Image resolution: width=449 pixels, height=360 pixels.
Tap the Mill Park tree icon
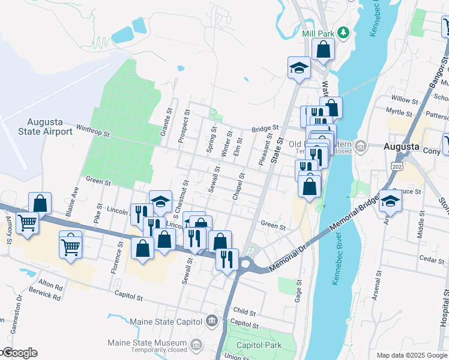pos(343,32)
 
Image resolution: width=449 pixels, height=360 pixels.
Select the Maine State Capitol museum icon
pos(211,321)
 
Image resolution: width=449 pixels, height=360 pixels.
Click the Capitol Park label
pos(259,345)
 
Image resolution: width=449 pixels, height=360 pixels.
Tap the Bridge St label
pos(266,128)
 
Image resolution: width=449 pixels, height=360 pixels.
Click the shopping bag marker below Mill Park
pos(323,50)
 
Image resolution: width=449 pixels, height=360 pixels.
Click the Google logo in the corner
pos(19,353)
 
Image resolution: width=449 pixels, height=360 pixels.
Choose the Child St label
pos(246,313)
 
